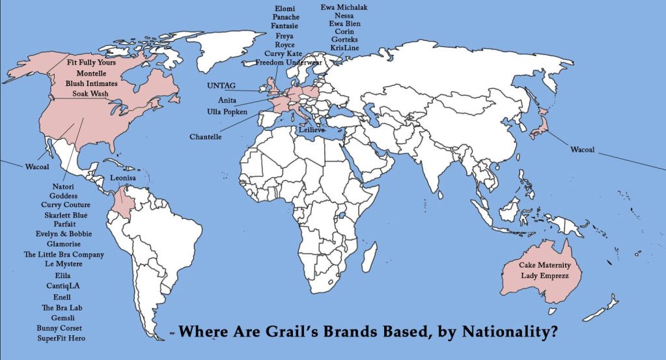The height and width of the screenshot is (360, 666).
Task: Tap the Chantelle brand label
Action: pos(206,137)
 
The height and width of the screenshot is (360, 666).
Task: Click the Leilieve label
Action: pos(311,130)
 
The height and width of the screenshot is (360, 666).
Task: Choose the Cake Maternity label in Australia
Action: pos(544,265)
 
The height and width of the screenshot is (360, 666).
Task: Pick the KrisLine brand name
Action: pos(344,48)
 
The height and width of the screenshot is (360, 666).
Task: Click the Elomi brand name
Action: pos(286,8)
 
